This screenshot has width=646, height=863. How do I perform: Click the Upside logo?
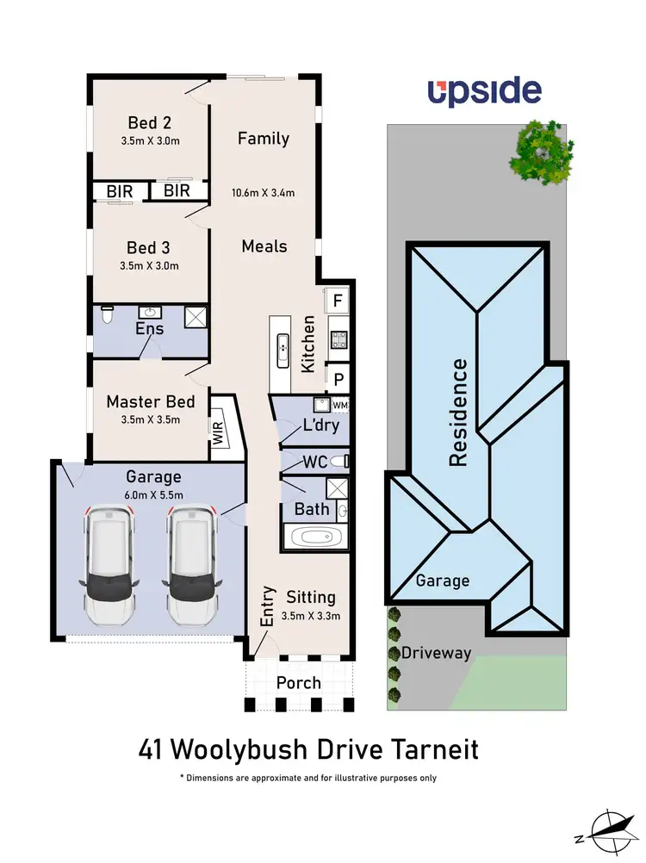tap(485, 91)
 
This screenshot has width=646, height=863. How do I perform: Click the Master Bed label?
tap(151, 401)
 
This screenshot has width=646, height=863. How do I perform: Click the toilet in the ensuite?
tap(107, 315)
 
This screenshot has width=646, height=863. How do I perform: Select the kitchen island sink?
tap(282, 348)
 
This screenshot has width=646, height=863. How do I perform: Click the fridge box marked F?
tap(337, 301)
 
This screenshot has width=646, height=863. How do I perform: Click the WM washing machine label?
tap(339, 404)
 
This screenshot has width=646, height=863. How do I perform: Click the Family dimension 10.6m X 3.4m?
tap(264, 193)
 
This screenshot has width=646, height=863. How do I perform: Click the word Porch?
tap(298, 683)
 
